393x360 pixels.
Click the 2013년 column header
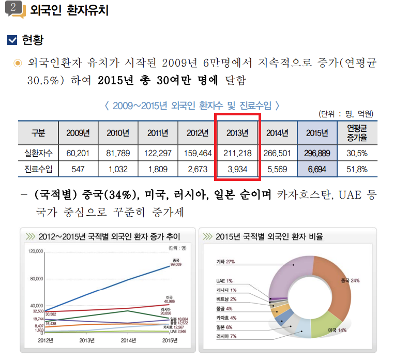[237, 133]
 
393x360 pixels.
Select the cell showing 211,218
[237, 153]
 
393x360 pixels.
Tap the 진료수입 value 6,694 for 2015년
[317, 169]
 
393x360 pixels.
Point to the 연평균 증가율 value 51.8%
[357, 169]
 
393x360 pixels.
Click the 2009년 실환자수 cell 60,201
[78, 153]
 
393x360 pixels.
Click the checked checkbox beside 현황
[13, 39]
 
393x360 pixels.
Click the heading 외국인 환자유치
[69, 10]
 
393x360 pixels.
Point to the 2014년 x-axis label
[128, 340]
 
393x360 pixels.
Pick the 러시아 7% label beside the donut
[226, 337]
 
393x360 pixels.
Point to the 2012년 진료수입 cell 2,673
[198, 169]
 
